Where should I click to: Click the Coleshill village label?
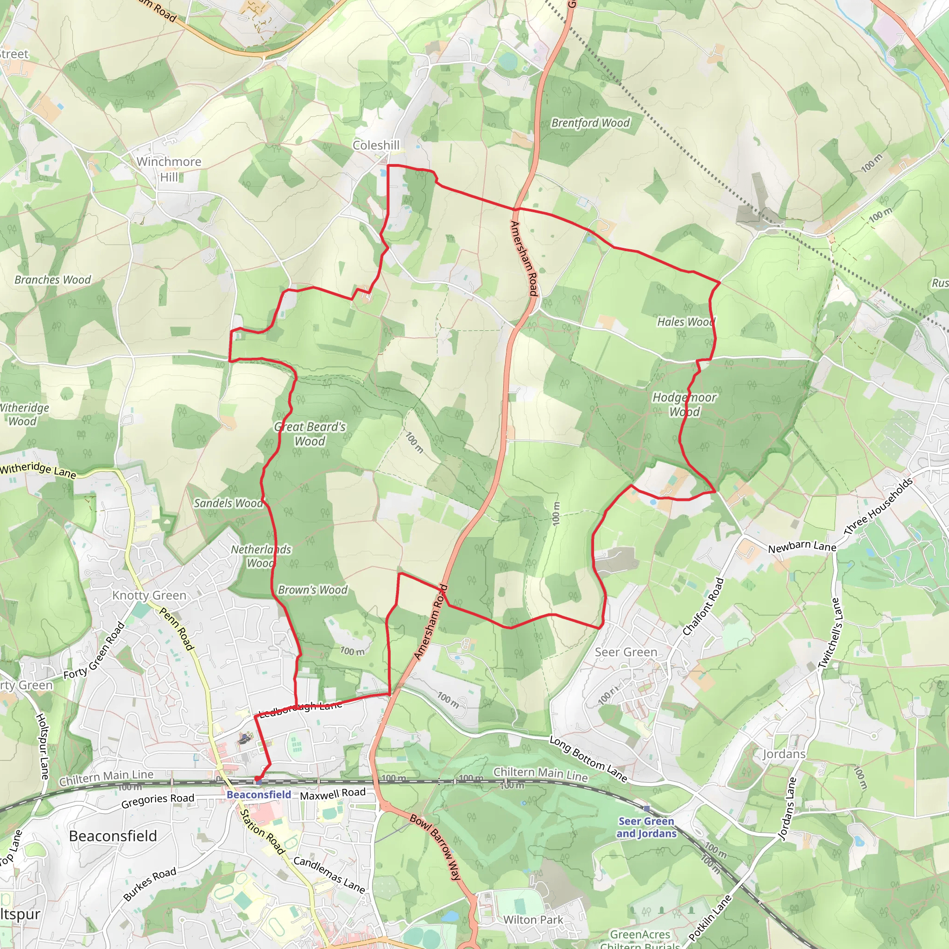[376, 146]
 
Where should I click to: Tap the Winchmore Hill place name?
[169, 169]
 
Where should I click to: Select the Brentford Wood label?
[590, 123]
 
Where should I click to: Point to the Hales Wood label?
[686, 322]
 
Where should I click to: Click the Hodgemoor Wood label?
[684, 404]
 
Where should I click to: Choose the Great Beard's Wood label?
[310, 434]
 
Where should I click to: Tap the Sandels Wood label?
[228, 503]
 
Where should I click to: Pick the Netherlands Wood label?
[261, 556]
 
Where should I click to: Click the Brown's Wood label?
[312, 589]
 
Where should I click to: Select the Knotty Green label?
[149, 595]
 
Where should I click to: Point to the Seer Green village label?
[626, 652]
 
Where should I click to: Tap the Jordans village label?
[784, 754]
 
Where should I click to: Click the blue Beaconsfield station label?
[259, 794]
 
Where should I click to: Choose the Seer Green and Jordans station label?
[646, 827]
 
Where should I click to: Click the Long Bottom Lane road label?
[588, 759]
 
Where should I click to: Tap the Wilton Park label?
[533, 919]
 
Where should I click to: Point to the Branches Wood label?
[52, 279]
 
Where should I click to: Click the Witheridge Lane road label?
[38, 469]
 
